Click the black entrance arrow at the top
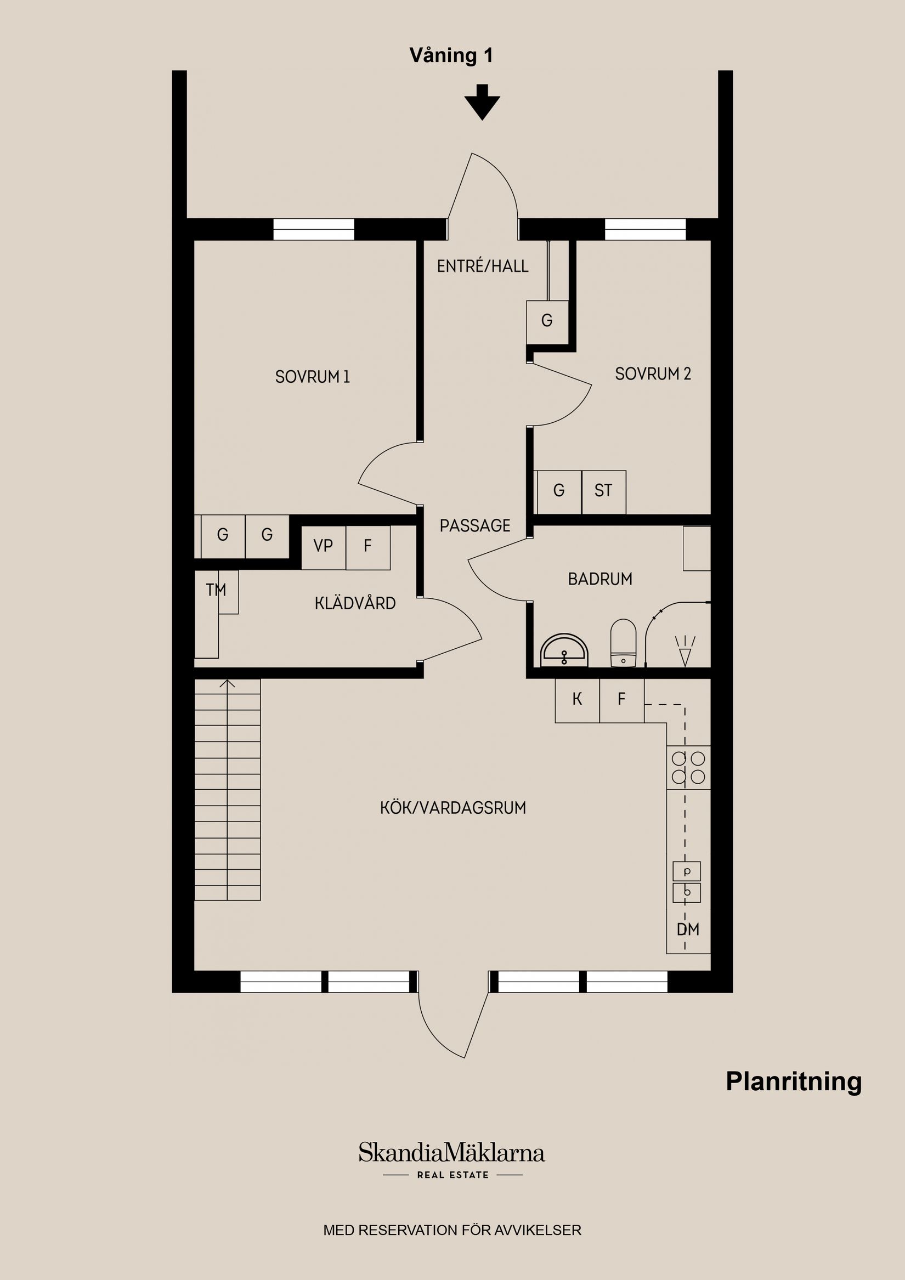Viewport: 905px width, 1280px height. (x=482, y=103)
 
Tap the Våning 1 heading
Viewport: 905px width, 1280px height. (x=450, y=56)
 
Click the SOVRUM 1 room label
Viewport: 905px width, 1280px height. (x=312, y=377)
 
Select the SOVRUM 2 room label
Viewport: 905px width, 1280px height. (x=652, y=373)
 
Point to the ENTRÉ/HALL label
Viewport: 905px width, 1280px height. (x=482, y=267)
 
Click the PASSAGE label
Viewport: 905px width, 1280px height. (x=474, y=526)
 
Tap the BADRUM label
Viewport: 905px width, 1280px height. (x=600, y=579)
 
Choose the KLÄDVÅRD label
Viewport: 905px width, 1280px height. (x=355, y=603)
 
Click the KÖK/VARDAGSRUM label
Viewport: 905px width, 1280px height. (x=453, y=808)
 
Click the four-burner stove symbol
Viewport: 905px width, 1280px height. (x=688, y=767)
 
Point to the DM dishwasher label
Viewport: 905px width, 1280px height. (x=688, y=930)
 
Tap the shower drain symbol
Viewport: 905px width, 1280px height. (x=685, y=651)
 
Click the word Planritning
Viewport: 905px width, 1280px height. (x=794, y=1081)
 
